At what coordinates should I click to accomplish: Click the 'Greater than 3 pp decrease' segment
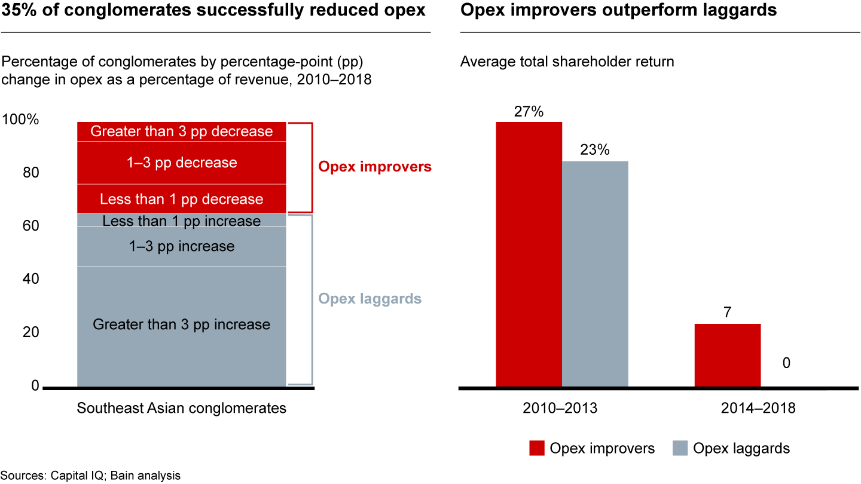click(182, 131)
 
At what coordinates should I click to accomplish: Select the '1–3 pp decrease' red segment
click(182, 163)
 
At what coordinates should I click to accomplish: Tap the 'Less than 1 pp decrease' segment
click(182, 199)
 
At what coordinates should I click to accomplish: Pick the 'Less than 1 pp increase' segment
click(182, 221)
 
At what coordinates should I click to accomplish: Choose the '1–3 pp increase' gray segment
click(182, 246)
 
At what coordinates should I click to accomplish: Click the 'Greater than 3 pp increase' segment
click(182, 325)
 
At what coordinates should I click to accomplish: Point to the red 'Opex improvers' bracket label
click(375, 167)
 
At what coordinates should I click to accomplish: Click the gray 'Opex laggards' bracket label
click(370, 299)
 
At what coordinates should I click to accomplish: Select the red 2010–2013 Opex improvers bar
click(529, 255)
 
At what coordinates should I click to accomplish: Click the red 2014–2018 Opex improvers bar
click(727, 356)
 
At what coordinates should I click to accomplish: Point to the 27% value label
click(529, 112)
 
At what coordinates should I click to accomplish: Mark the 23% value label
click(595, 150)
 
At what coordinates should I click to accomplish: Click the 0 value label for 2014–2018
click(786, 363)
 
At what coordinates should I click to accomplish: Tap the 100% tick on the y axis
click(20, 120)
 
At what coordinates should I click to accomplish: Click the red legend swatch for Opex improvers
click(537, 448)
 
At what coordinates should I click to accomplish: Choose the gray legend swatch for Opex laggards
click(680, 448)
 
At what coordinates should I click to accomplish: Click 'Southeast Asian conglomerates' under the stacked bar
click(182, 409)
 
